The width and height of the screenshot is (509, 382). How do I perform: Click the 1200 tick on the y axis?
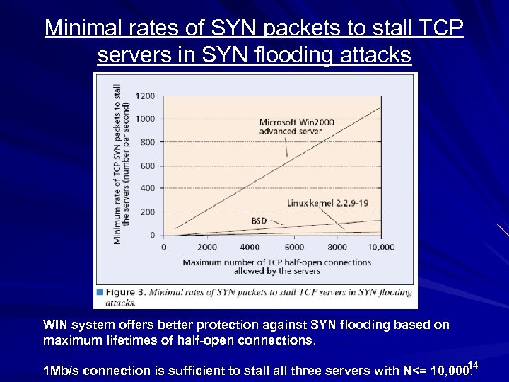(x=145, y=95)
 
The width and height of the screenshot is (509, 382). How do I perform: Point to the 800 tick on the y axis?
(x=147, y=142)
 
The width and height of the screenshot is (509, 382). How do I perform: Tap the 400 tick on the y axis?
(x=147, y=189)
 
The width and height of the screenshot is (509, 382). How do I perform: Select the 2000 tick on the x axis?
(x=206, y=248)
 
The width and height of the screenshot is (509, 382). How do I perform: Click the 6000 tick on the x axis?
(x=294, y=248)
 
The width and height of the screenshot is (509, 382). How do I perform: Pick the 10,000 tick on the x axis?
(x=381, y=248)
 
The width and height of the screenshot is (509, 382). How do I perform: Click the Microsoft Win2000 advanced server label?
(x=296, y=127)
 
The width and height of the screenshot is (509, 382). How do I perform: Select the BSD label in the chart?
(x=259, y=221)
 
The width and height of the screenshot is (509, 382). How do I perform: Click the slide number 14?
(x=473, y=365)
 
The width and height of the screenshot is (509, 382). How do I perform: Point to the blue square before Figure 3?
(x=100, y=291)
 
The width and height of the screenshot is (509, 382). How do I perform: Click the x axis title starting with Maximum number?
(x=276, y=267)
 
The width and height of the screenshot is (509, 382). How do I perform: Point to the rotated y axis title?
(x=121, y=164)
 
